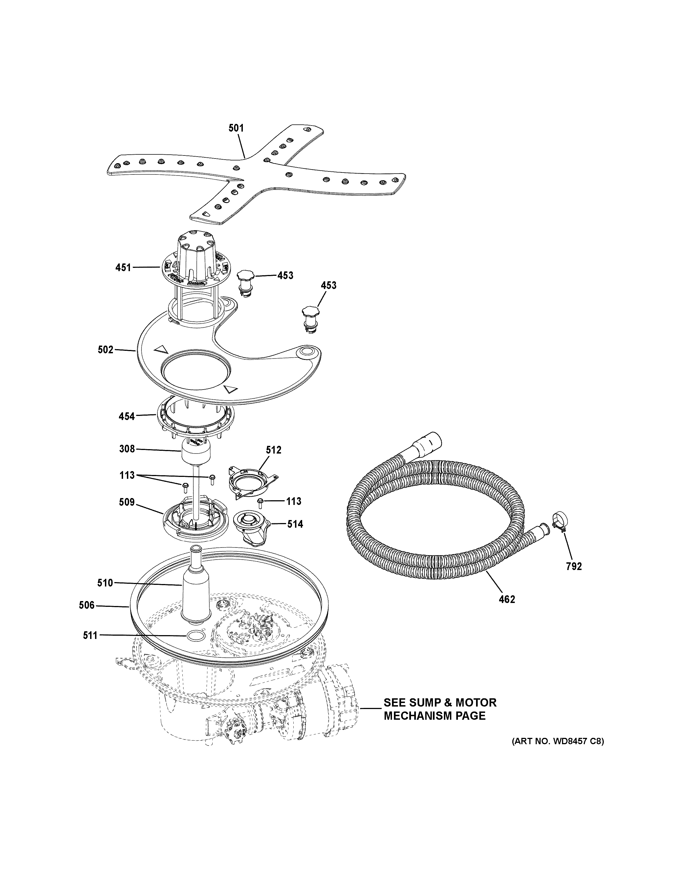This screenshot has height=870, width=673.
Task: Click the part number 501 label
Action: [x=236, y=128]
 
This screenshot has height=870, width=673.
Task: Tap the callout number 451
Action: [x=123, y=267]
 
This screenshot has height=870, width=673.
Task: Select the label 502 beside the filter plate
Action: [x=105, y=350]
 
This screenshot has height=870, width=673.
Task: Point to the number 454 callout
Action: [x=127, y=417]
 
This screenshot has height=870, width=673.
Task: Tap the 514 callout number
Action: [x=295, y=524]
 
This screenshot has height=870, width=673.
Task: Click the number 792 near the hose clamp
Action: [x=574, y=566]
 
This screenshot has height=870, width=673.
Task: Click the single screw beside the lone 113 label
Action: [x=260, y=502]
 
